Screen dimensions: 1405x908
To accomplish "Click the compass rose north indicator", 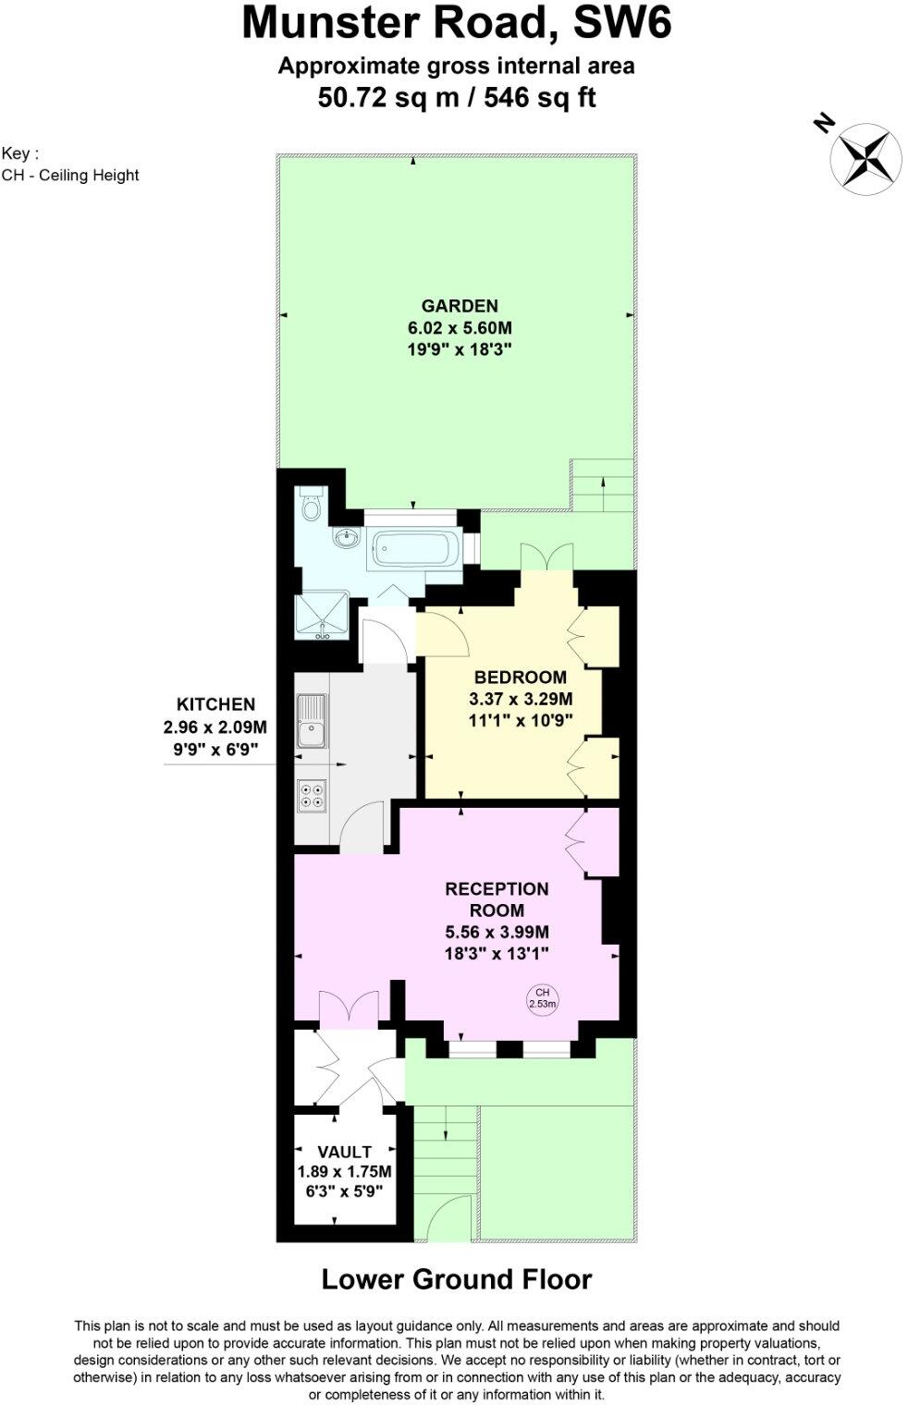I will (865, 159).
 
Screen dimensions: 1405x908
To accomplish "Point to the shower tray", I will (322, 616).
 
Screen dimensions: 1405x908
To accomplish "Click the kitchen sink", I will (310, 722).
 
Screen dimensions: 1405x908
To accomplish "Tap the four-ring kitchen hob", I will (311, 796).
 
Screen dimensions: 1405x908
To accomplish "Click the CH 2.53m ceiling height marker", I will (542, 998).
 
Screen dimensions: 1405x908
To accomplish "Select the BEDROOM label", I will (521, 677).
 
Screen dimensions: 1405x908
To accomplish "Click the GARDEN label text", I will (460, 306).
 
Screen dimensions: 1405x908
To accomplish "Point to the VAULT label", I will (344, 1152).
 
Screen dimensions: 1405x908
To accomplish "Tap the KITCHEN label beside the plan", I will (215, 704).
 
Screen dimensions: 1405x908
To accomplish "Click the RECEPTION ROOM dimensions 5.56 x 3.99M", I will (497, 932).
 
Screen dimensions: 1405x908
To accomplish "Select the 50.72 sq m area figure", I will (388, 97).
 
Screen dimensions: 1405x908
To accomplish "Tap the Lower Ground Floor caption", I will (456, 1279).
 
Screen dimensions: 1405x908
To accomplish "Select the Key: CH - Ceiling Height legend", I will (70, 165).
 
